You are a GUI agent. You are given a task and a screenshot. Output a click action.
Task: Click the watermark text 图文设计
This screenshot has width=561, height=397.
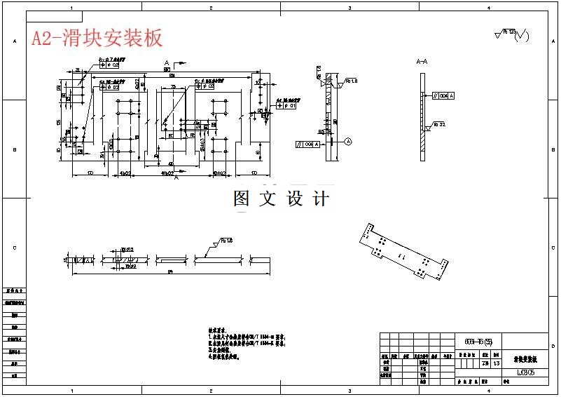(281, 198)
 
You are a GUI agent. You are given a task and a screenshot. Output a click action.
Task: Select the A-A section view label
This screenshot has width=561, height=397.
(422, 62)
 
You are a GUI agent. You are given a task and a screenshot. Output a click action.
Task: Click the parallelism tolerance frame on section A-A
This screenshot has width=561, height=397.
(443, 95)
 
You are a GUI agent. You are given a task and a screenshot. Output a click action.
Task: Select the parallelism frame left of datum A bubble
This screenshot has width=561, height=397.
(308, 144)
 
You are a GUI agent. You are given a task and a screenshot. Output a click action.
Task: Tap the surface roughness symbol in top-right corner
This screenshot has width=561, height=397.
(511, 34)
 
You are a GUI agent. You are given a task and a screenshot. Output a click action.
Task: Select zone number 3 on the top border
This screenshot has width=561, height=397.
(349, 7)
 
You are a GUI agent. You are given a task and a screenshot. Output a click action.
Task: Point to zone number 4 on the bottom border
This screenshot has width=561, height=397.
(488, 391)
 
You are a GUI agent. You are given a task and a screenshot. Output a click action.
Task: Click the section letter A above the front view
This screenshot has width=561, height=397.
(167, 63)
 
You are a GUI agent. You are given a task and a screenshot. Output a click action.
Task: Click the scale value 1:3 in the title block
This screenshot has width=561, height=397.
(497, 363)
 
